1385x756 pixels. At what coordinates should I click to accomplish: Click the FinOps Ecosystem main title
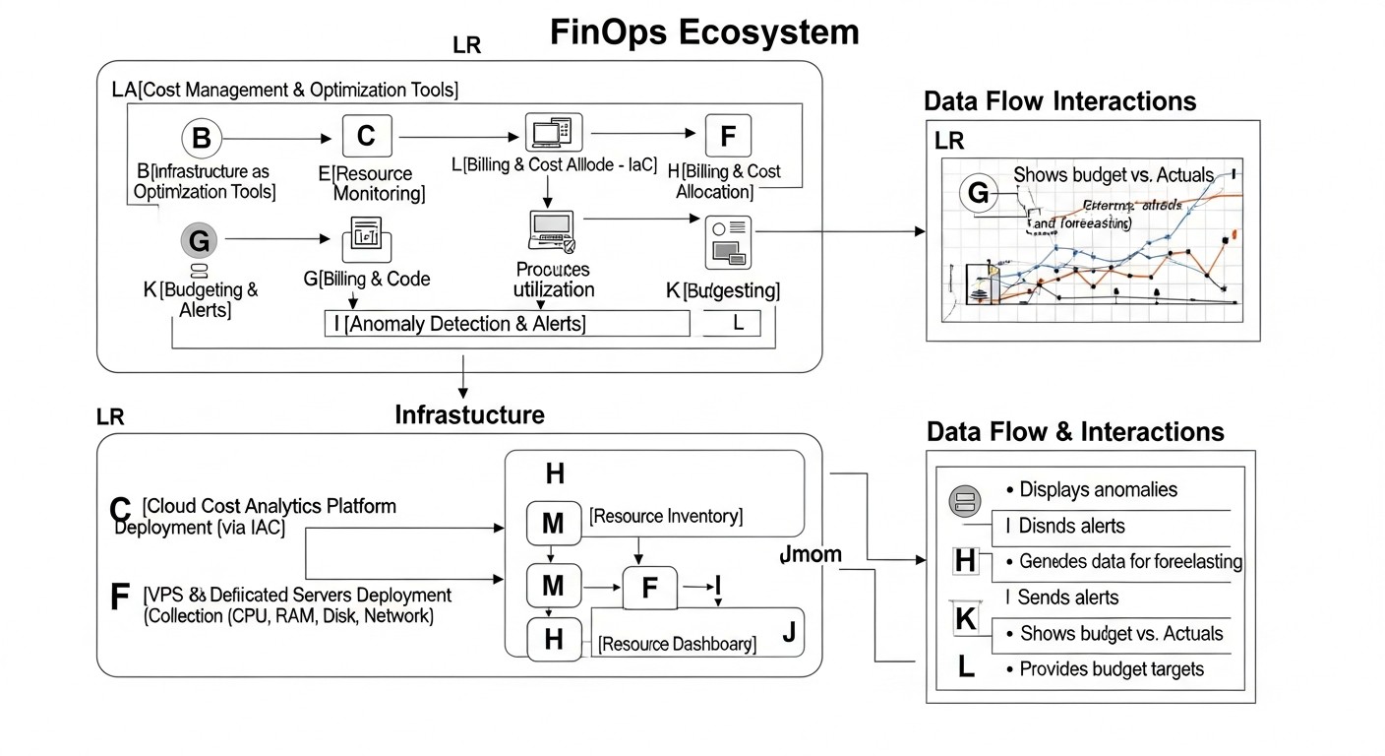click(704, 31)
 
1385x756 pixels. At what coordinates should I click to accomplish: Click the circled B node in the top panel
click(201, 139)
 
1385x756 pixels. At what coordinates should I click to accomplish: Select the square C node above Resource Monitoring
click(366, 136)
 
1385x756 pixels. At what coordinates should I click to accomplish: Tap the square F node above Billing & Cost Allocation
click(728, 136)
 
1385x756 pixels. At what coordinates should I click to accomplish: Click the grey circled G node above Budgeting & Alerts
click(198, 239)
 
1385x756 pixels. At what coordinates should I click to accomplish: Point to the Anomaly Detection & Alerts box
click(507, 323)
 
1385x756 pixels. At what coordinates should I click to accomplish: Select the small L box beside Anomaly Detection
click(732, 323)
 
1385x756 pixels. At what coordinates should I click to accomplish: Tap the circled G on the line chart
click(978, 194)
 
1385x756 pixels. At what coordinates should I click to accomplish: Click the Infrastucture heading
click(469, 414)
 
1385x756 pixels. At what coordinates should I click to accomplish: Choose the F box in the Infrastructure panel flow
click(649, 589)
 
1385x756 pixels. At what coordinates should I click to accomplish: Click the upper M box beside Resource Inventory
click(554, 525)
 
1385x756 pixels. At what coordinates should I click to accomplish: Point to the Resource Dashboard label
click(677, 645)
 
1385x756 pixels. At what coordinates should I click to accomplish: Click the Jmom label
click(810, 554)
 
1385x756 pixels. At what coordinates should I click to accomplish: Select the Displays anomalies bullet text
click(1098, 489)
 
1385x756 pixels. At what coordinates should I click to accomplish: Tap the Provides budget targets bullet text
click(1112, 668)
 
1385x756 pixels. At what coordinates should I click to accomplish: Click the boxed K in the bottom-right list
click(965, 620)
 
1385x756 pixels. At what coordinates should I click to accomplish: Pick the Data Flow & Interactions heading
click(1075, 432)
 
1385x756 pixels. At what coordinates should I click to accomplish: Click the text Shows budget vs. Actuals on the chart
click(1114, 174)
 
